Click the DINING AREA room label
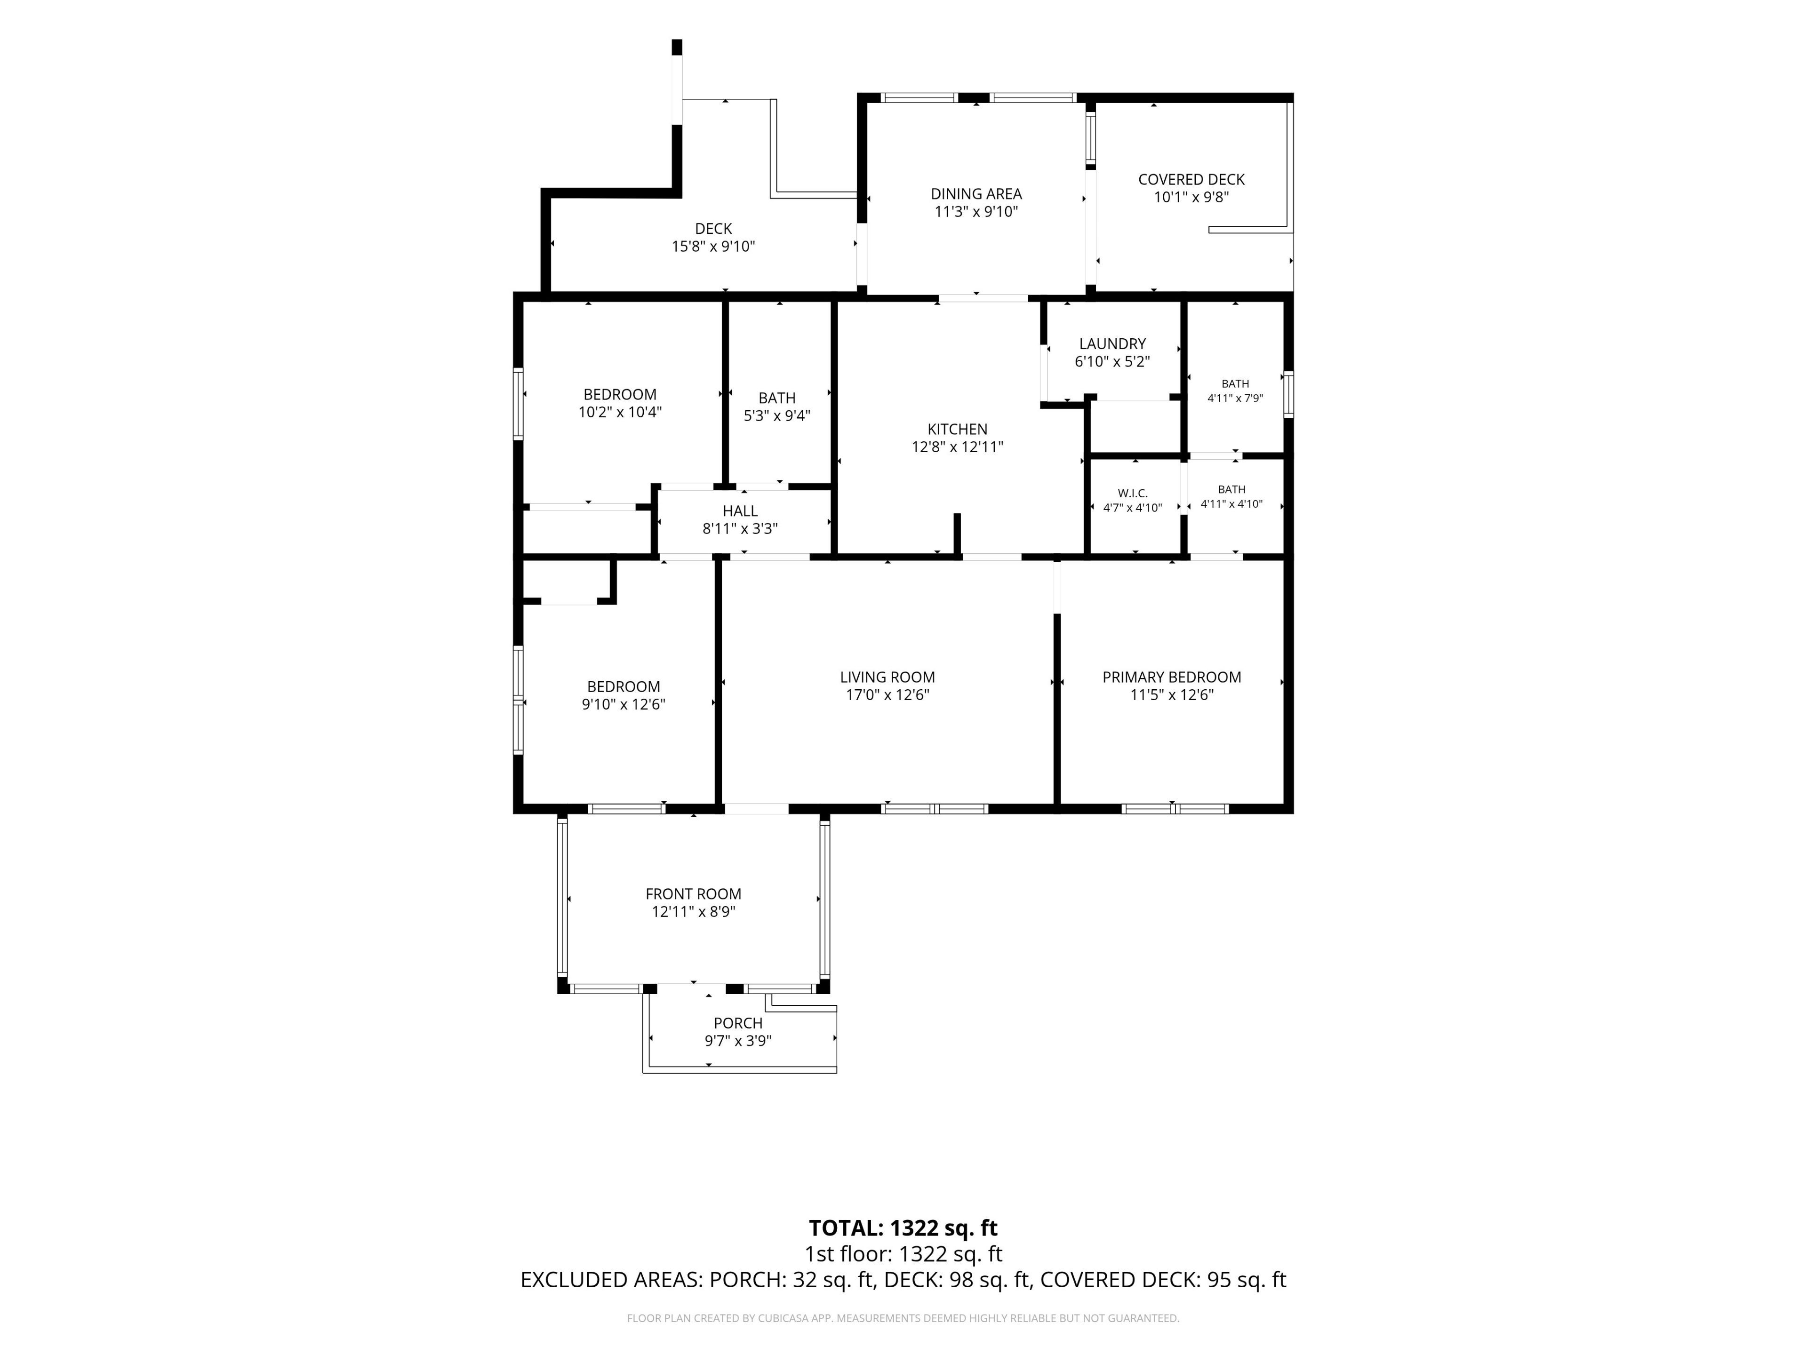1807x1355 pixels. [x=976, y=193]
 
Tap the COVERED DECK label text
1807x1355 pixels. [x=1191, y=179]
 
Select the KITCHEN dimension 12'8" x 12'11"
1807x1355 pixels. [x=958, y=447]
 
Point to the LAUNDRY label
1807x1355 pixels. [x=1112, y=344]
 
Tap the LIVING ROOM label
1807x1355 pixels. [x=887, y=677]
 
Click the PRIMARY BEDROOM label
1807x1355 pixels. [x=1171, y=677]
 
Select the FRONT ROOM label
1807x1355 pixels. [x=694, y=893]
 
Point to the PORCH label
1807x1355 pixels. [x=738, y=1022]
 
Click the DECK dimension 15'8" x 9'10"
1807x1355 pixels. [x=713, y=247]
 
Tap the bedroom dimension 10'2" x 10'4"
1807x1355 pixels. [x=620, y=413]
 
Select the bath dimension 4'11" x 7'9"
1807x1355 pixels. [x=1235, y=399]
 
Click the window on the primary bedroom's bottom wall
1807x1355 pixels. [x=1175, y=809]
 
